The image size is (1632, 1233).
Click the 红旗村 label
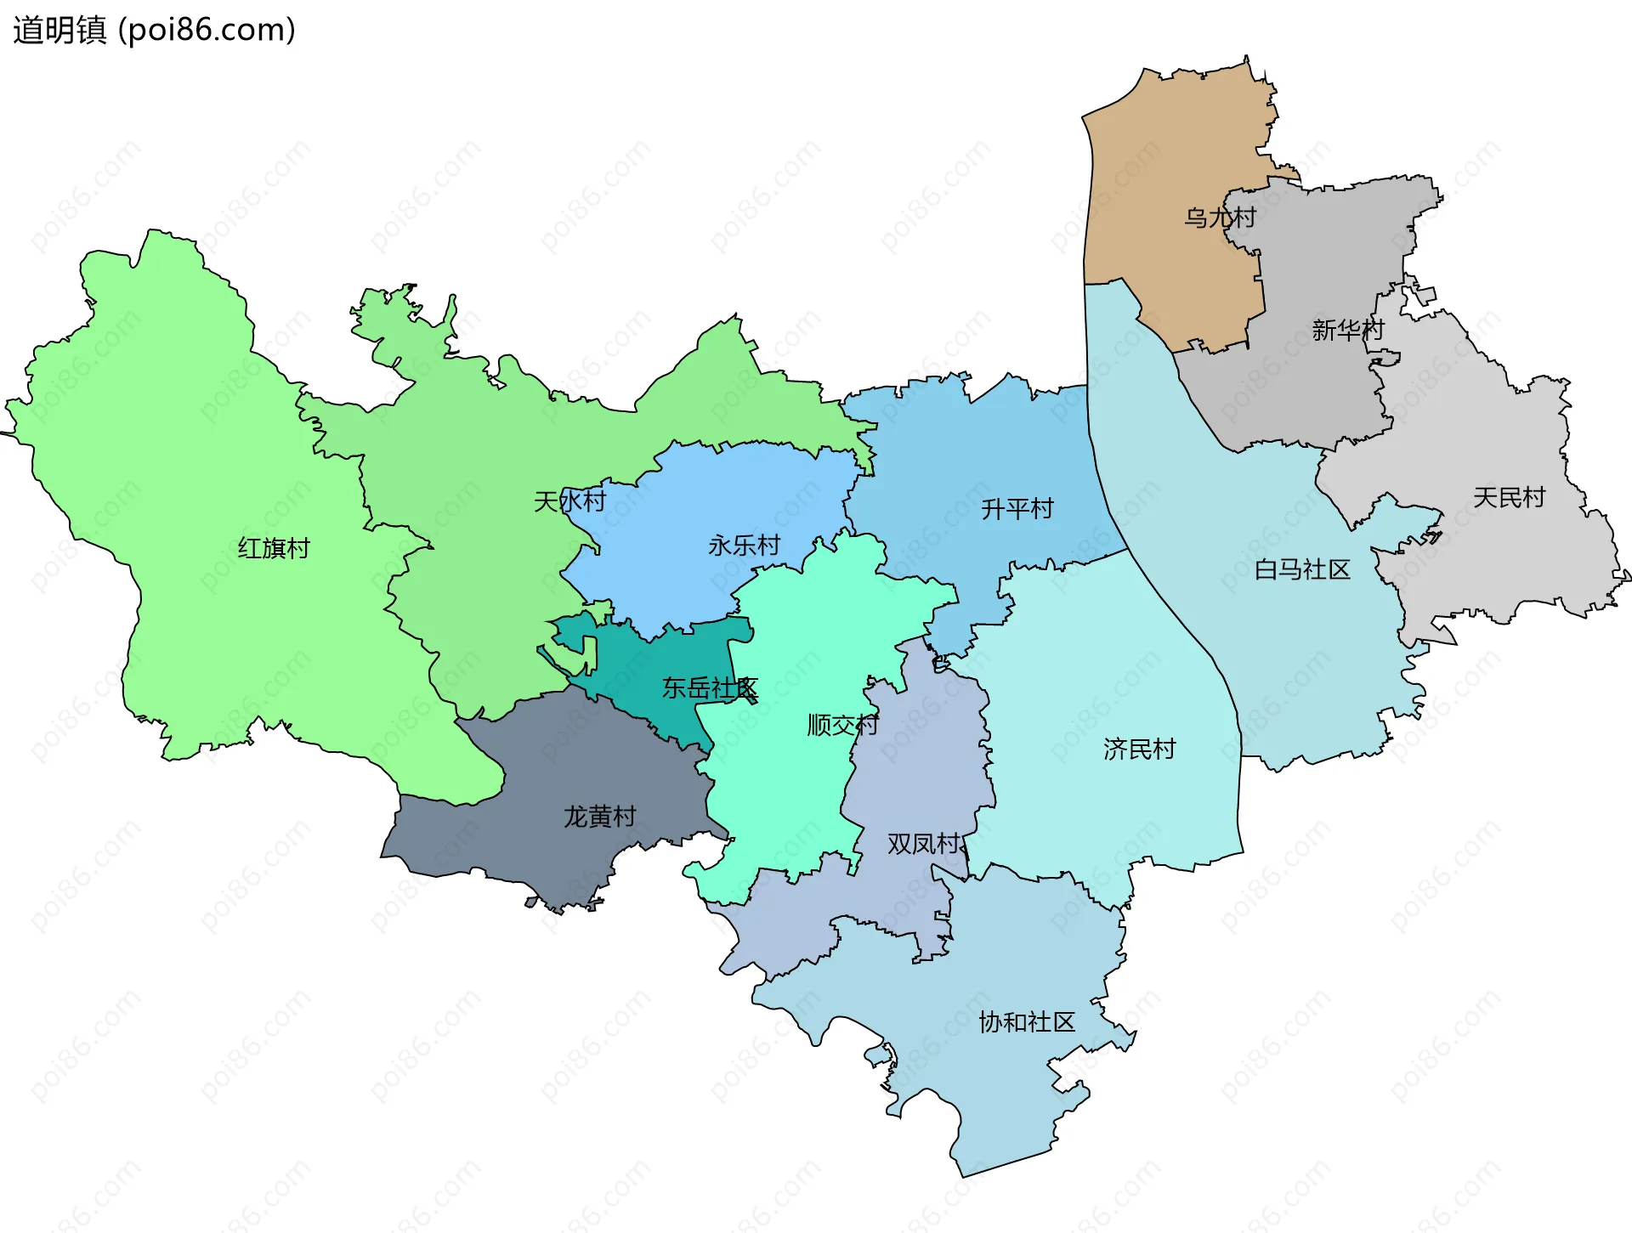pos(274,548)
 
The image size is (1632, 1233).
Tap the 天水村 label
pos(569,501)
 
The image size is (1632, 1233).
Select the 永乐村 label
pos(744,545)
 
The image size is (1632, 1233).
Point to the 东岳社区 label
pos(710,687)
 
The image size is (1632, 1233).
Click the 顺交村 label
pos(842,725)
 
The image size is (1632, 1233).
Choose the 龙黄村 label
pos(599,817)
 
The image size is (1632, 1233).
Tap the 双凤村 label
pos(924,844)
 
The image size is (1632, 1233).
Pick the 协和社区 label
pos(1027,1021)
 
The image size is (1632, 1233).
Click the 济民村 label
pos(1139,749)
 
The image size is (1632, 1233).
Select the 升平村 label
pos(1017,508)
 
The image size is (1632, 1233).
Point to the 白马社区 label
pos(1302,569)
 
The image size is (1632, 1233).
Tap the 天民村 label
pos(1509,497)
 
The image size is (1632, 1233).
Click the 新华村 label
pos(1348,330)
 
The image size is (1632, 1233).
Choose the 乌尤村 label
pos(1220,218)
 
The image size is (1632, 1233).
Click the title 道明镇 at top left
pos(59,30)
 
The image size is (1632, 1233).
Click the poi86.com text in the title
pos(207,30)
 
